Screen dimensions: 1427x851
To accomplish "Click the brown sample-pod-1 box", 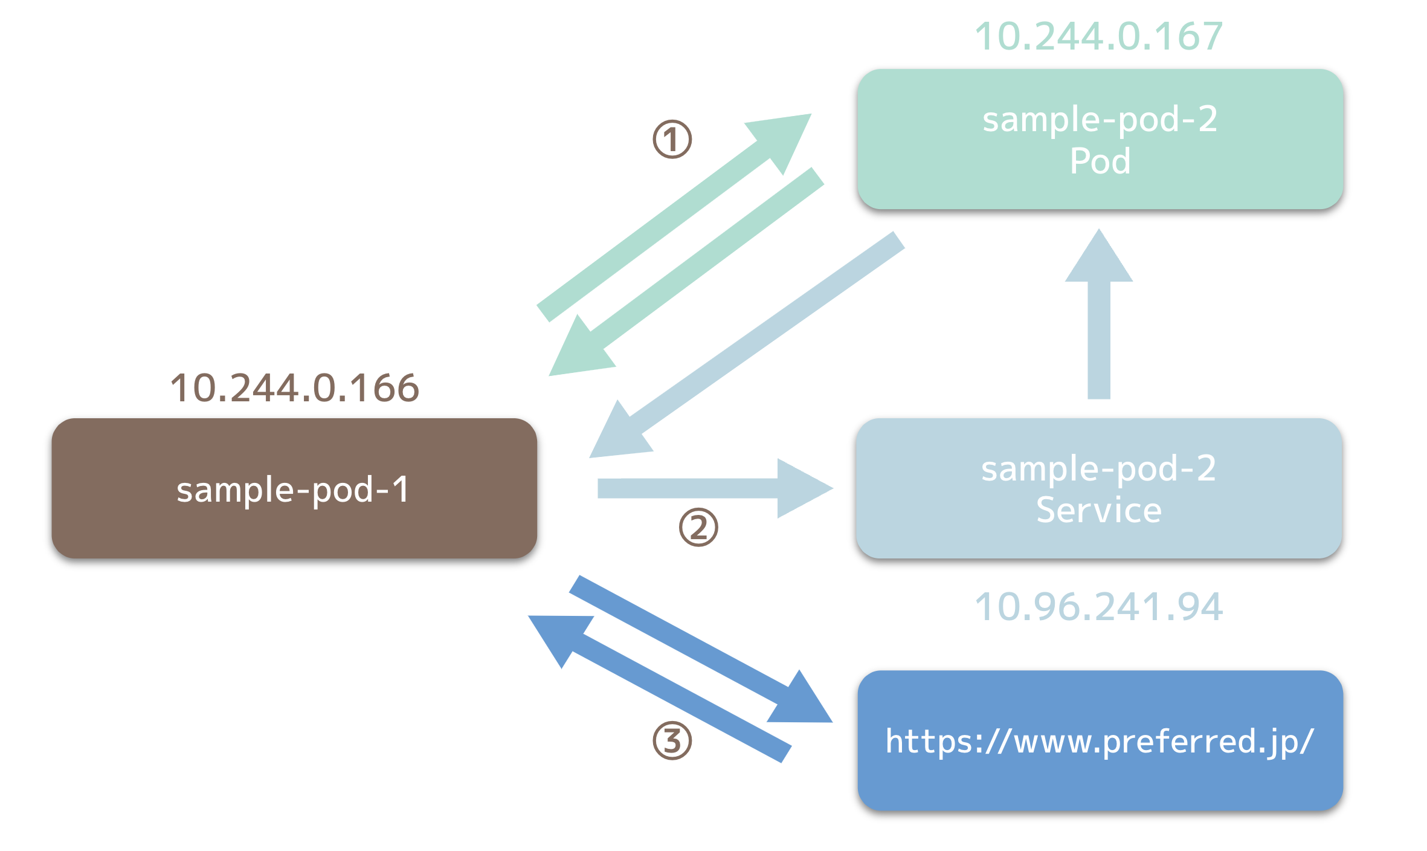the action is coord(294,488).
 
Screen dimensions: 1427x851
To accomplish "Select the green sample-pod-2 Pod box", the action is coord(1100,139).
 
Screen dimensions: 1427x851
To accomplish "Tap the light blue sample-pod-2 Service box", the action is coord(1099,488).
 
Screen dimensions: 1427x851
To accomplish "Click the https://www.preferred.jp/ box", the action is coord(1100,740).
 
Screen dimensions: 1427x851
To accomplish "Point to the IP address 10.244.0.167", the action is coord(1099,36).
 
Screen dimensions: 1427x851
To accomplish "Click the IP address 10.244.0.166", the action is coord(294,387).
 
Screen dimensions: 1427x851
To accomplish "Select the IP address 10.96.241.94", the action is coord(1099,606).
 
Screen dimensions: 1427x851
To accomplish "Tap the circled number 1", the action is coord(672,139).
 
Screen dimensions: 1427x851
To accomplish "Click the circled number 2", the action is coord(698,527).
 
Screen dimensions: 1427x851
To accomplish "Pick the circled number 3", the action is coord(672,740).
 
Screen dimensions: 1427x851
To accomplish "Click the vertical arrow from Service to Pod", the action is coord(1099,314).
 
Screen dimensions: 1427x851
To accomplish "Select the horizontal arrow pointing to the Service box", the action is coord(715,488).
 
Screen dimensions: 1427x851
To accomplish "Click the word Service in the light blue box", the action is coord(1099,510).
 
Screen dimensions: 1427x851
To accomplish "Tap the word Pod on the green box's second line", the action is coord(1100,161).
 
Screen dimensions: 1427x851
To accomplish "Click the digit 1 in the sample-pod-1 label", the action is coord(401,489).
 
